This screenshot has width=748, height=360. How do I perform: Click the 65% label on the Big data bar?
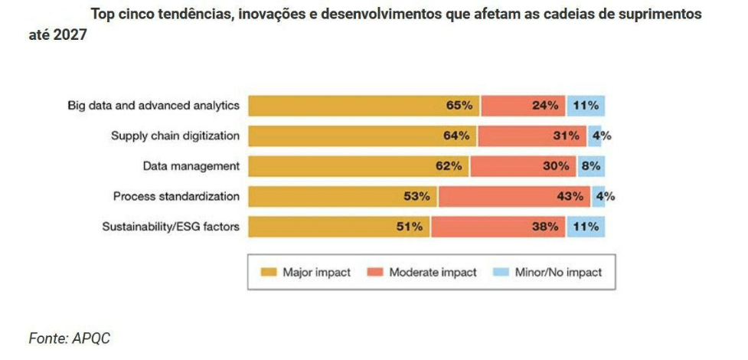(459, 106)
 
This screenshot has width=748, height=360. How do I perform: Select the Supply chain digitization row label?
(175, 136)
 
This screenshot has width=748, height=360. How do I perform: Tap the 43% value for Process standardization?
(570, 196)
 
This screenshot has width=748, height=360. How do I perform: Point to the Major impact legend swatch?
(268, 272)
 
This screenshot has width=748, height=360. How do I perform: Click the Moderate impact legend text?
(433, 272)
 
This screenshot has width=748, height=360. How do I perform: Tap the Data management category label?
(191, 165)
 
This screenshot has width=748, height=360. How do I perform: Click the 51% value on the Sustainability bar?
(410, 227)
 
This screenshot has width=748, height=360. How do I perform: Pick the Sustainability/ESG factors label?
(171, 227)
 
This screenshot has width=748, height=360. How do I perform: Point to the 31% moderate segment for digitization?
(567, 136)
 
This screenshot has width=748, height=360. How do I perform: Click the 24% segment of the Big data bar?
(544, 106)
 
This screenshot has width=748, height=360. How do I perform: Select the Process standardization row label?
(177, 196)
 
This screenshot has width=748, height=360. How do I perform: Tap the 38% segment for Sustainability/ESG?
(544, 227)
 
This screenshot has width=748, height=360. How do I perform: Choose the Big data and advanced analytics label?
(154, 105)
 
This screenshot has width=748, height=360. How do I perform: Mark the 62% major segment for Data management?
(449, 166)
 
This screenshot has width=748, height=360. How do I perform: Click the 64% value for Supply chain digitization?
(456, 136)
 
